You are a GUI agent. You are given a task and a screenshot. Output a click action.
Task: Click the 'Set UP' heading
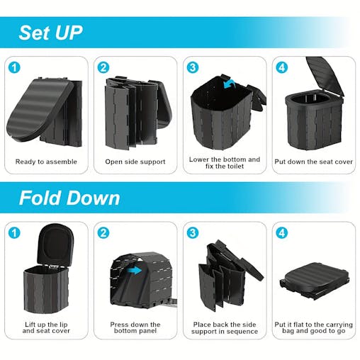pyautogui.click(x=50, y=33)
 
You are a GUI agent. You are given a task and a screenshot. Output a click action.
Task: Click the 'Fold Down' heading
pyautogui.click(x=69, y=197)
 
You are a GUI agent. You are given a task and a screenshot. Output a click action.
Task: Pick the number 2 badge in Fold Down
pyautogui.click(x=104, y=233)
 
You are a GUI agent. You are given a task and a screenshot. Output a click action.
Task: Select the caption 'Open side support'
pyautogui.click(x=135, y=162)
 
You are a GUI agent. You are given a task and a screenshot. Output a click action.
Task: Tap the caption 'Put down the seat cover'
pyautogui.click(x=313, y=162)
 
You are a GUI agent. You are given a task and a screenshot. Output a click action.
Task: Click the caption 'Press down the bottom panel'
pyautogui.click(x=135, y=329)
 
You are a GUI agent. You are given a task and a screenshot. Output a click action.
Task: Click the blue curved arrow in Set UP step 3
pyautogui.click(x=229, y=86)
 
